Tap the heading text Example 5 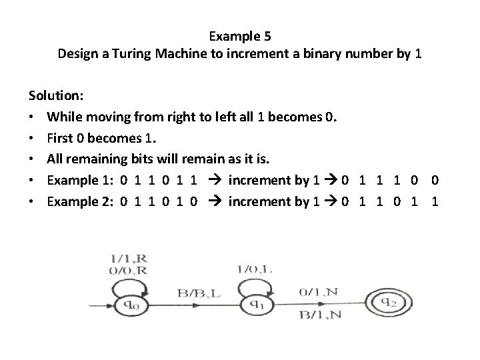click(239, 35)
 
